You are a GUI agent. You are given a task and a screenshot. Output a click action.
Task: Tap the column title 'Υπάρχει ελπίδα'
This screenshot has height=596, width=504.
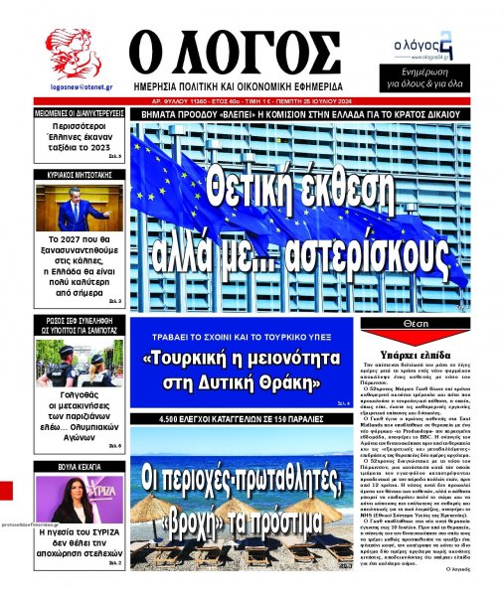click(439, 350)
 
